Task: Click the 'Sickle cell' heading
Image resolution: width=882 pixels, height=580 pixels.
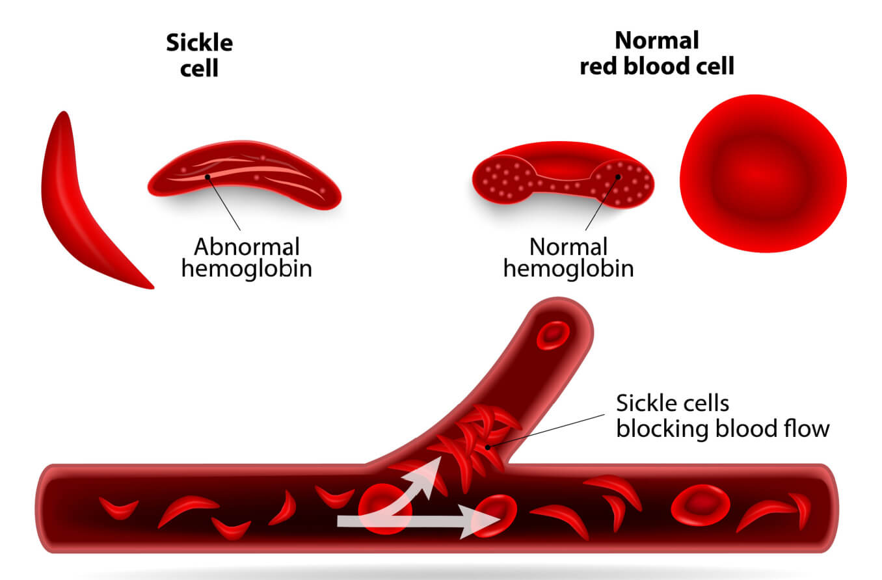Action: [199, 55]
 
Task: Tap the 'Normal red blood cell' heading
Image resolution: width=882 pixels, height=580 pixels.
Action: [656, 53]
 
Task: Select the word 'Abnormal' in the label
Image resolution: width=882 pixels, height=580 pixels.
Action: [247, 247]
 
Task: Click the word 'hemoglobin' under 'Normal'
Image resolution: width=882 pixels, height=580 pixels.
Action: [568, 269]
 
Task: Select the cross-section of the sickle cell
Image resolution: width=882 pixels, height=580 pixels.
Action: [245, 174]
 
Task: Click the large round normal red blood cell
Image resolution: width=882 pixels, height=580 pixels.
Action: [763, 173]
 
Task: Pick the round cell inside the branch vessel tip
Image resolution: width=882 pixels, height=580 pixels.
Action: [553, 334]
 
